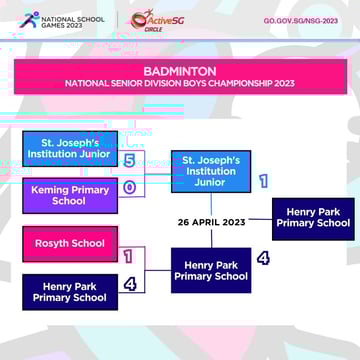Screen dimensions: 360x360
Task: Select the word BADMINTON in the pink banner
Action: coord(179,72)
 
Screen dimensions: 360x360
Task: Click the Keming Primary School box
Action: coord(69,195)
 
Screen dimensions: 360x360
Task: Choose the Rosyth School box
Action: coord(69,243)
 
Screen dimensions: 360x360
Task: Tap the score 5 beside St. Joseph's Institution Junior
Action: coord(130,160)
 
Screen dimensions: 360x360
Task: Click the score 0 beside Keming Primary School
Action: coord(130,187)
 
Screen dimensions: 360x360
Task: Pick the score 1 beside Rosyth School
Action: coord(129,256)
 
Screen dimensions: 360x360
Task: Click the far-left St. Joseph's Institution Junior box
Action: coord(69,148)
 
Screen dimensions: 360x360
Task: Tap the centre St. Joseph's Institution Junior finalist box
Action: coord(210,171)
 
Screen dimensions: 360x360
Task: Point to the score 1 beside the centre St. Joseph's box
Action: coord(263,181)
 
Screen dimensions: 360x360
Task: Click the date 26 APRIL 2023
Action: coord(211,222)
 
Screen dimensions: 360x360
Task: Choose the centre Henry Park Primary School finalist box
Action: coord(210,270)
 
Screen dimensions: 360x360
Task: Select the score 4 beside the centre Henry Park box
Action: coord(263,258)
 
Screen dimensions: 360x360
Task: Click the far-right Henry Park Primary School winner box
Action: coord(313,218)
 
